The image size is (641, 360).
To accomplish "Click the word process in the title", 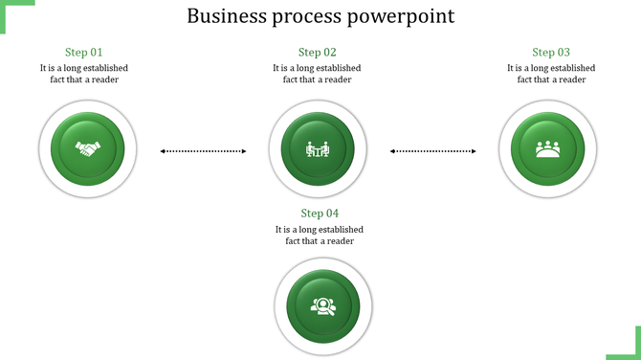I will pos(311,18).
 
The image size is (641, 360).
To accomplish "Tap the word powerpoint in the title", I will pos(405,18).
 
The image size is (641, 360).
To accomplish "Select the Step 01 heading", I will pos(83,53).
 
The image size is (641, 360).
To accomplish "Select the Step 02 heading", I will pos(317,53).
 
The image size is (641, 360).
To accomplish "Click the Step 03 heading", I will pos(551,53).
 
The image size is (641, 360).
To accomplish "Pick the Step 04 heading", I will pos(320,214).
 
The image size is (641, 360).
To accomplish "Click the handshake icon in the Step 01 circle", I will pos(89,150).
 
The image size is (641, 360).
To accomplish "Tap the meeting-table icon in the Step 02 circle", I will pos(317,149).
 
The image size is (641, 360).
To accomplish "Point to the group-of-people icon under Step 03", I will pos(548,149).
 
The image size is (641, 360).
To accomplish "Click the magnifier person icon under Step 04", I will pos(320,306).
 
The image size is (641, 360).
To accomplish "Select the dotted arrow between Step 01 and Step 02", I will pos(203,150).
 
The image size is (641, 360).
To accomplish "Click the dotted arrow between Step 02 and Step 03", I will pos(433,150).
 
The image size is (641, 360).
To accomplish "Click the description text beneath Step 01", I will pos(84,74).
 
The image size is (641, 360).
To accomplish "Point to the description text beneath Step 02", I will pos(317,74).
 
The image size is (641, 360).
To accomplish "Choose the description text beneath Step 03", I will pos(551,74).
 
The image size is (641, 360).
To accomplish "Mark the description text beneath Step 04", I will pos(320,236).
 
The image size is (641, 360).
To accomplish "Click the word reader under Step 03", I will pos(572,79).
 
